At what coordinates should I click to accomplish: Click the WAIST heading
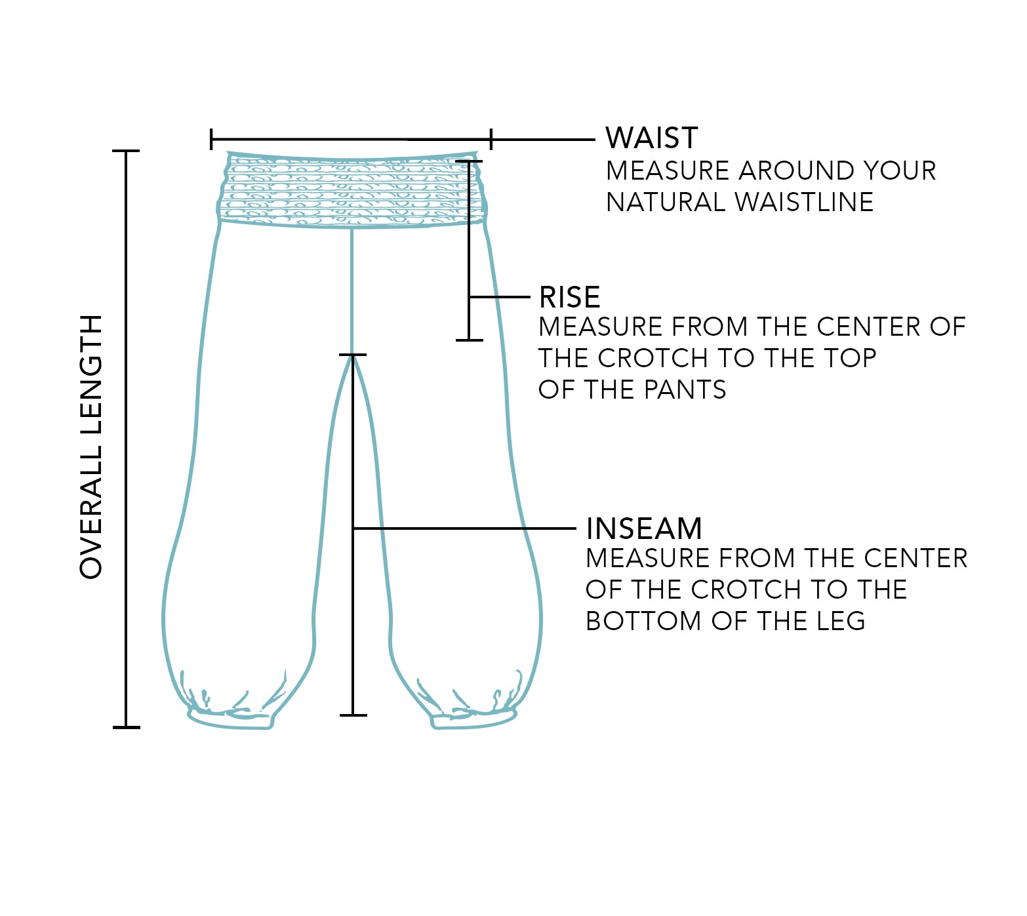651,138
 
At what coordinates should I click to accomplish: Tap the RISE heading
569,298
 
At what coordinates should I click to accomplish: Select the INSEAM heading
643,528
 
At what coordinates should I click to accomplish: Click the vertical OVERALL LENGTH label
91,447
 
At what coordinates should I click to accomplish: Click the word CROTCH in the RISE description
653,358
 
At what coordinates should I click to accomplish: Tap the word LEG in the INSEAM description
841,621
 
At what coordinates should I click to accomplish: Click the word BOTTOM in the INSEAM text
643,621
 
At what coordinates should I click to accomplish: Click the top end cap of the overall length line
126,151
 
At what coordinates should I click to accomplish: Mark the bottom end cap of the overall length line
126,727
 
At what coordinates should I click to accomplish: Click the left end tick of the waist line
211,140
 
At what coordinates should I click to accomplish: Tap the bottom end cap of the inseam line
353,715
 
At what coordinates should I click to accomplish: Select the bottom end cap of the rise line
470,340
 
